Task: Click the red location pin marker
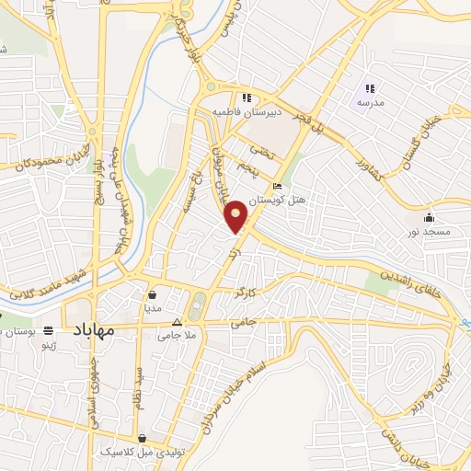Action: [237, 215]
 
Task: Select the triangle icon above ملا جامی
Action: [178, 322]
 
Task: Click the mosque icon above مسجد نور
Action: [430, 218]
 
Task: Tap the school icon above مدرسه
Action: [369, 89]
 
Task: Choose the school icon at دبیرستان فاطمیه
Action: [246, 98]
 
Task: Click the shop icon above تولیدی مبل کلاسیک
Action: [141, 439]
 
